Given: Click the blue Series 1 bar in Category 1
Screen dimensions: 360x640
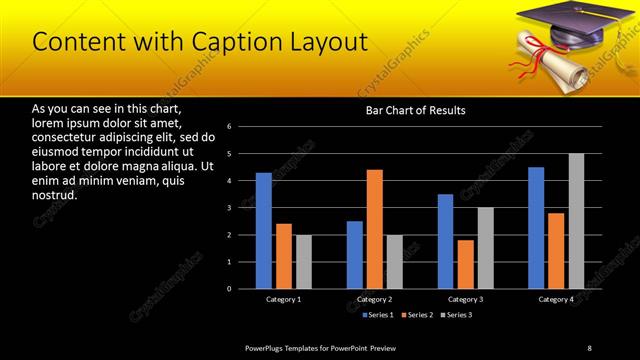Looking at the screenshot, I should [x=263, y=231].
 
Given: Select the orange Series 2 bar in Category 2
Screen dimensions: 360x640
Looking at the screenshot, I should [x=374, y=229].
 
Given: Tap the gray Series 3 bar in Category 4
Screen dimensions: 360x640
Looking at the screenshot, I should [x=576, y=221].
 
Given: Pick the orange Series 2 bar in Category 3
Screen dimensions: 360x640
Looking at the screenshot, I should [x=465, y=264].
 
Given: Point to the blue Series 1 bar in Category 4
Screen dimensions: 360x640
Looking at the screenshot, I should [x=536, y=228].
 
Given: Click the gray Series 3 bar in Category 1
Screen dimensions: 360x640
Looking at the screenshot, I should [x=303, y=262].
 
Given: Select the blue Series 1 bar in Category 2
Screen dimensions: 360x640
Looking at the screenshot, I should [x=355, y=255].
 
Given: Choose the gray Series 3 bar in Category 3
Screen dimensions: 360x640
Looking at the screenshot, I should [x=485, y=248].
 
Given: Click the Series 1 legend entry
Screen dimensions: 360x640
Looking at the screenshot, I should [x=376, y=315].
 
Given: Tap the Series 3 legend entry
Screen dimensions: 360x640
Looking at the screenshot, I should [x=456, y=315].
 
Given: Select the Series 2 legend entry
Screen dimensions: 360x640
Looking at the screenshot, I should [x=416, y=315].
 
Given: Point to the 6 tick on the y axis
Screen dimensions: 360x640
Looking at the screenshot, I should [x=229, y=127].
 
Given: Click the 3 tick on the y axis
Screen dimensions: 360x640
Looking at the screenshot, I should [x=229, y=208].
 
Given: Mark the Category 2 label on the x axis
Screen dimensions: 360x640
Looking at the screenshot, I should [x=374, y=299].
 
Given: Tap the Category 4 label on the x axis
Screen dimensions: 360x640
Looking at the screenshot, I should [x=556, y=299].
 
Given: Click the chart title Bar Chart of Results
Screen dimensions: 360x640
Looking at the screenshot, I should [x=415, y=110].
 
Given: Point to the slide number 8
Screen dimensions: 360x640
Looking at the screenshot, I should [x=589, y=347].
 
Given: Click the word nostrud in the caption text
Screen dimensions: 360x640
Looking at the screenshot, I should [x=55, y=194].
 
